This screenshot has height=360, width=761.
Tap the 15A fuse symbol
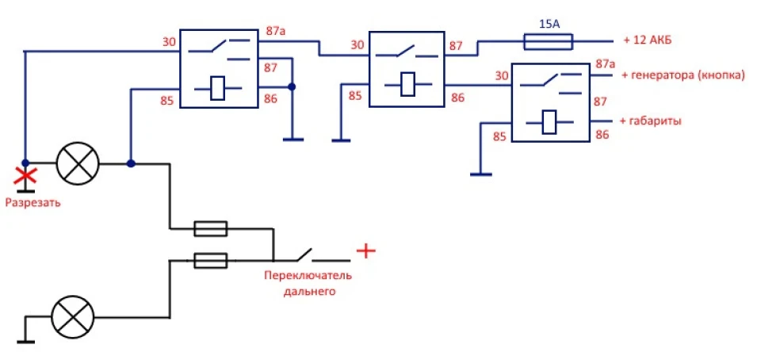[x=549, y=42]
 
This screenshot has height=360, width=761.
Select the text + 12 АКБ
[x=648, y=41]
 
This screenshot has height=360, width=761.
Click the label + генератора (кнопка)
[x=683, y=75]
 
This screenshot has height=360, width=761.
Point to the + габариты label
[x=650, y=121]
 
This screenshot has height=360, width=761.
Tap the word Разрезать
[x=33, y=203]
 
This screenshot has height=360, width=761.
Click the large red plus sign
[x=366, y=251]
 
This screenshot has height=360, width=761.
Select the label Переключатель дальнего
[x=308, y=284]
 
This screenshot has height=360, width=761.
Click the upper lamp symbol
[x=78, y=163]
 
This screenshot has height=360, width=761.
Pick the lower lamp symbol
[x=73, y=318]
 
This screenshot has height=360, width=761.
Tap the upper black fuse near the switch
[x=211, y=228]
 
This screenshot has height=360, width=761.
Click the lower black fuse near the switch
[x=211, y=261]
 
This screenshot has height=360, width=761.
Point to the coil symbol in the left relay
[x=218, y=89]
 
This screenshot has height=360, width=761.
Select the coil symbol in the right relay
[x=550, y=122]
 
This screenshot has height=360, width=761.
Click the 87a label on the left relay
[x=275, y=31]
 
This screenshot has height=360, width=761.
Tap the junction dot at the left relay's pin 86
[x=292, y=87]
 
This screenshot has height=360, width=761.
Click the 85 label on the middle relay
[x=355, y=96]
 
